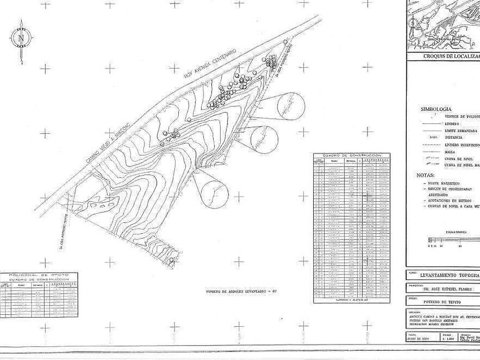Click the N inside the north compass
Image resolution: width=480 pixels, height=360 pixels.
(21, 39)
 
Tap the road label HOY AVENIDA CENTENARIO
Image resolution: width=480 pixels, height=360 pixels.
(209, 64)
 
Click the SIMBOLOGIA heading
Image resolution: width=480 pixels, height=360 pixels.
(435, 109)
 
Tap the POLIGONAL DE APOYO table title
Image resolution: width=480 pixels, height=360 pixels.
(39, 275)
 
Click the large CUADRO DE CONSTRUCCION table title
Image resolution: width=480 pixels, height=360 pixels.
(351, 155)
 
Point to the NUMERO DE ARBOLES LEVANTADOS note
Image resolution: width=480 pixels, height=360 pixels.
(241, 291)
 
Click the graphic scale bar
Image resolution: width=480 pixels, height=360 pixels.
(451, 241)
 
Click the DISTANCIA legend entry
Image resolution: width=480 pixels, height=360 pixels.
(454, 138)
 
